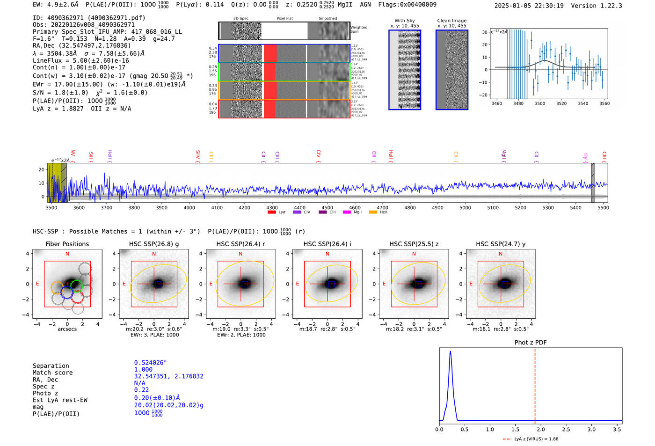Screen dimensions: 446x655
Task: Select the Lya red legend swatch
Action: coord(272,212)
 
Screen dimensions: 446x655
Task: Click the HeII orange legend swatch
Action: coord(373,212)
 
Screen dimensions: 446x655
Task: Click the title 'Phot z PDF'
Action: coord(530,342)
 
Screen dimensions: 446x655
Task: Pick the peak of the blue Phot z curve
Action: coord(450,351)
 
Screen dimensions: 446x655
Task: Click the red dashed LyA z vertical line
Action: coord(535,384)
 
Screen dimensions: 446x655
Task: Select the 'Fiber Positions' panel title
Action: coord(67,244)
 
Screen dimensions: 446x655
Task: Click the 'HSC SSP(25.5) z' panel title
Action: coord(414,244)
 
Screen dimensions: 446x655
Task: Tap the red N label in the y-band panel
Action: coord(501,254)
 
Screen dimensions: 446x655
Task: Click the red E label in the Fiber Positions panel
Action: coord(37,284)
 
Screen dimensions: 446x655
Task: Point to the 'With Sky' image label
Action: coord(405,21)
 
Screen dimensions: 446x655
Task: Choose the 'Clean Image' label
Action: coord(451,21)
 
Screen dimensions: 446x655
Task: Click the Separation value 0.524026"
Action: coord(150,363)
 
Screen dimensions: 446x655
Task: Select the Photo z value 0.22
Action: coord(141,390)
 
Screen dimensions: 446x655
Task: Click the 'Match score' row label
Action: coord(52,373)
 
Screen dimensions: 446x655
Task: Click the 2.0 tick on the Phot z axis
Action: coord(541,429)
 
